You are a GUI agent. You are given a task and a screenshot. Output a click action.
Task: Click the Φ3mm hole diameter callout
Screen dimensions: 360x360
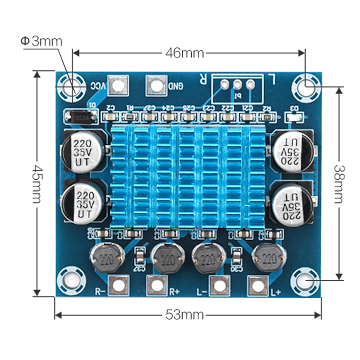click(x=41, y=41)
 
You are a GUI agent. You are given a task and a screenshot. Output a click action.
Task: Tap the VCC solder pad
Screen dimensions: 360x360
click(x=117, y=85)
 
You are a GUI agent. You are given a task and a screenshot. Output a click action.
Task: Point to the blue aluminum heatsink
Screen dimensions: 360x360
click(x=189, y=175)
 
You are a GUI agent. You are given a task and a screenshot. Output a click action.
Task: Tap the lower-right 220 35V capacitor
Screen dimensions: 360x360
click(x=291, y=203)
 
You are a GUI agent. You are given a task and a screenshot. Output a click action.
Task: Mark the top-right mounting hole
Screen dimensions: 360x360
click(x=307, y=84)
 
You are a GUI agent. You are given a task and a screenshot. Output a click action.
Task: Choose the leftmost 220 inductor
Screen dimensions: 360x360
click(x=107, y=259)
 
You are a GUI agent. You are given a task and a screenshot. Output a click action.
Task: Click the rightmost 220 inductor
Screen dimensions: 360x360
click(x=269, y=259)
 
